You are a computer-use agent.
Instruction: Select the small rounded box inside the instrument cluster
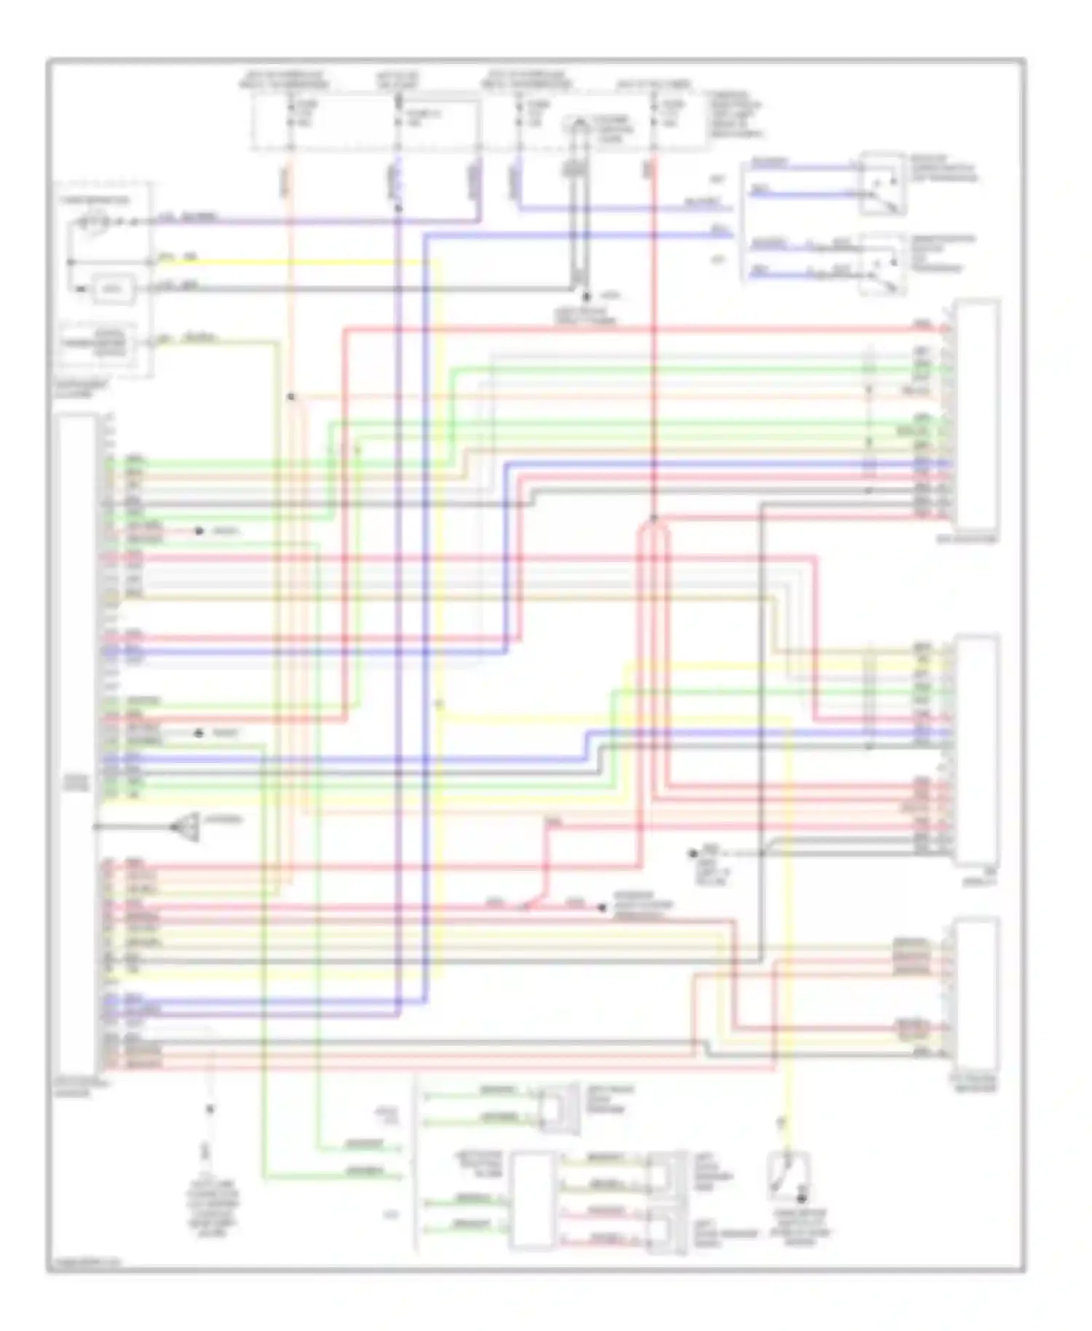click(111, 290)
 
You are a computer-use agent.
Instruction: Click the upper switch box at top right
click(882, 183)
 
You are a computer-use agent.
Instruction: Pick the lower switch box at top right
click(882, 264)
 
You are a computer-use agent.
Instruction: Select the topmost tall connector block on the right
click(977, 415)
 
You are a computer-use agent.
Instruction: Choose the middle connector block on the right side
click(977, 750)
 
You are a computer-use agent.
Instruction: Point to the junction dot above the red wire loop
click(653, 518)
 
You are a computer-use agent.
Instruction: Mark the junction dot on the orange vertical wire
click(290, 397)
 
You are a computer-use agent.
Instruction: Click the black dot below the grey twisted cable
click(585, 297)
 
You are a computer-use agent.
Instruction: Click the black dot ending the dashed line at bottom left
click(210, 1109)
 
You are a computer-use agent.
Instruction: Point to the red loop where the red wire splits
click(653, 539)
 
